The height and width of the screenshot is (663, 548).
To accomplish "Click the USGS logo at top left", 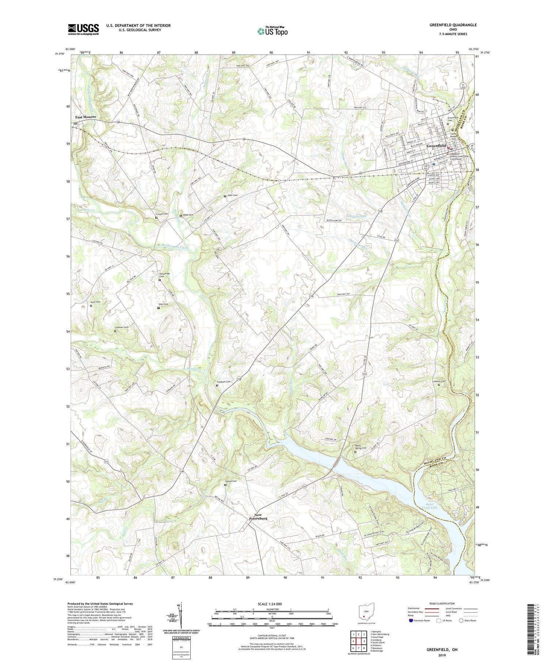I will point(83,29).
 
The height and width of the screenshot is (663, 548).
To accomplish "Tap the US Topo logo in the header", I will point(273,31).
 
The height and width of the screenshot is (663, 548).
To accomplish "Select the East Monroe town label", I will point(85,117).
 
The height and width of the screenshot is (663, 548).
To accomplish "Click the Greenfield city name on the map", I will point(436,146).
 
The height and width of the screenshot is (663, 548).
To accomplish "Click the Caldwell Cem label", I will point(224,382).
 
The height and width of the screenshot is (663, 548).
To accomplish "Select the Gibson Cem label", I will point(231,481).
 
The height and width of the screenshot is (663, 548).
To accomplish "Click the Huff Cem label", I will point(95,302).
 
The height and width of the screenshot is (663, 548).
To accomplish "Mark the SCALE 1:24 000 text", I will point(272,604).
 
